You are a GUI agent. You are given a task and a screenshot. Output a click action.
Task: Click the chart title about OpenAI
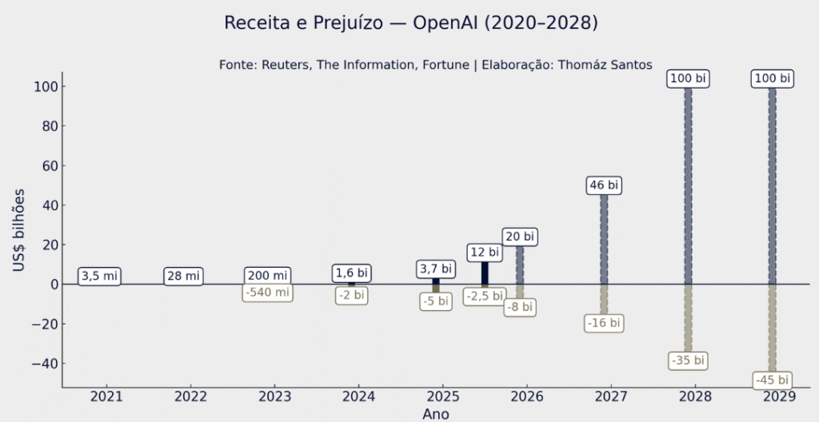(x=410, y=23)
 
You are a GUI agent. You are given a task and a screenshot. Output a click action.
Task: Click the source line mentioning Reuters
(x=435, y=65)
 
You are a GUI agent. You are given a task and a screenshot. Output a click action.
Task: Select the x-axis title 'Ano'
(x=435, y=414)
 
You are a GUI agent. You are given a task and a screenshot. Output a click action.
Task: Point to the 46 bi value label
(x=604, y=185)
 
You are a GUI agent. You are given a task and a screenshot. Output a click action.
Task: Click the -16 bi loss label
(x=604, y=323)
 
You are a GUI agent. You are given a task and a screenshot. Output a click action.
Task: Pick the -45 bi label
(x=772, y=380)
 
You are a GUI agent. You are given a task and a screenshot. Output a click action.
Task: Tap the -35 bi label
(x=688, y=360)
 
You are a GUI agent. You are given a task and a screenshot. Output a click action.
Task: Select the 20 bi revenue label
(x=519, y=237)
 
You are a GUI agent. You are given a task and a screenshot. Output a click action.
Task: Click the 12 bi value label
(x=484, y=253)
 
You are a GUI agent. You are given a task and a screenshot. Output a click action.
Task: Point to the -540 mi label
(x=267, y=293)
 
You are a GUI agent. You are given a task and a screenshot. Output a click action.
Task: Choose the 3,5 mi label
(x=99, y=277)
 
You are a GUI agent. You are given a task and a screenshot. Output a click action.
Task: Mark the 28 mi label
(x=183, y=277)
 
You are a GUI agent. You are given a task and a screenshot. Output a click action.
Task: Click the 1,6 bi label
(x=351, y=273)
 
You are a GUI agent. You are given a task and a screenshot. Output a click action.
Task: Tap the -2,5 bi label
(x=484, y=297)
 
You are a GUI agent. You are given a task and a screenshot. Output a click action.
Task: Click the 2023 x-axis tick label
(x=274, y=396)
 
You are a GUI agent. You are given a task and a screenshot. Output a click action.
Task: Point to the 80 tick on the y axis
(x=46, y=125)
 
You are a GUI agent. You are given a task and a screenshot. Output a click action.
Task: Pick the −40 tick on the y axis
(x=42, y=363)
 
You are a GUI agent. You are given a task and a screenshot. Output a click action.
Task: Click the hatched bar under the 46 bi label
(x=604, y=240)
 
